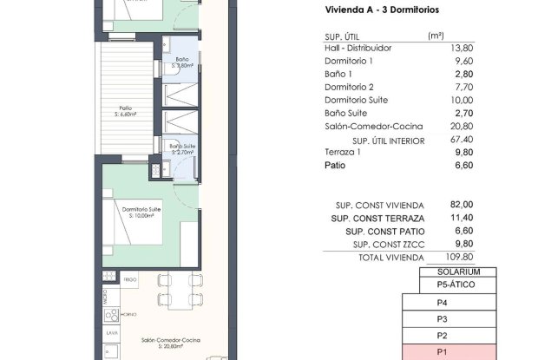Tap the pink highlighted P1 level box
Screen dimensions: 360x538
click(442, 353)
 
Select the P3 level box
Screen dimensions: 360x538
click(442, 319)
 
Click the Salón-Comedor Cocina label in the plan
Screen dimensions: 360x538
click(169, 342)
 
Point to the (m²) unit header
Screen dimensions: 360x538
click(436, 35)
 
